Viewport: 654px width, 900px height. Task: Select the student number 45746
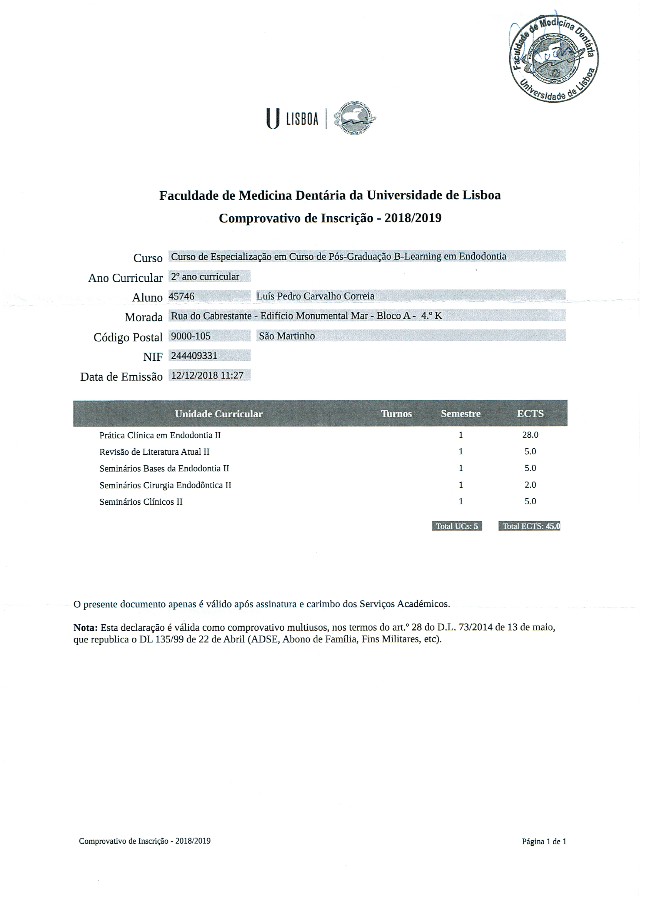[x=182, y=296]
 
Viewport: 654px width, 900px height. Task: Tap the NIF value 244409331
[x=194, y=356]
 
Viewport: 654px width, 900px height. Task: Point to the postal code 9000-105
[x=191, y=336]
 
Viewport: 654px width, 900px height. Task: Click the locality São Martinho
[x=287, y=336]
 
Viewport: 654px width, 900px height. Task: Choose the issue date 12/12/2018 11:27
[x=207, y=375]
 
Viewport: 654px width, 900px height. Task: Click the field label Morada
[x=143, y=317]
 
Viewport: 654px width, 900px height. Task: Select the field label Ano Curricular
[x=125, y=278]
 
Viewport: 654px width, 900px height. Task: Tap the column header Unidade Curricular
[x=219, y=414]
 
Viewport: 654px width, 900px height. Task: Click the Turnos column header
[x=396, y=414]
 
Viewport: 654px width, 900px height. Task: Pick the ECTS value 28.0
[x=530, y=435]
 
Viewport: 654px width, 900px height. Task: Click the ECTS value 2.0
[x=530, y=485]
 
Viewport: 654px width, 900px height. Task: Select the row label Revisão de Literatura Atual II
[x=154, y=452]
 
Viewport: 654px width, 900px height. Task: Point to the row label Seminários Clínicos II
[x=141, y=502]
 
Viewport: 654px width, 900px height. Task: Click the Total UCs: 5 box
[x=457, y=526]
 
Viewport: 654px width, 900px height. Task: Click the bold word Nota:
[x=85, y=628]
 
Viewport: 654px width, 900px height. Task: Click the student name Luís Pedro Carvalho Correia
[x=315, y=296]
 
